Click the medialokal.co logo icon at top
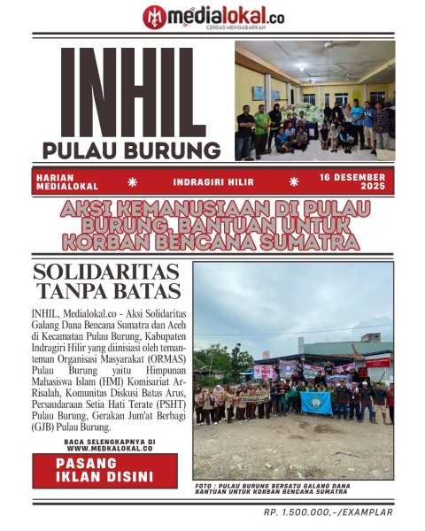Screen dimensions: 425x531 [x=154, y=16]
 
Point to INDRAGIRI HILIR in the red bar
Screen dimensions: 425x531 [x=213, y=181]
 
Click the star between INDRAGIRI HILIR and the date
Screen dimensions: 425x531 [x=294, y=181]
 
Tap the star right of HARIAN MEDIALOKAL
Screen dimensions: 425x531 [x=133, y=181]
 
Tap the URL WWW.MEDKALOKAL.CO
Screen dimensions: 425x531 [x=110, y=449]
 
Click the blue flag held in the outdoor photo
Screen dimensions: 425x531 [x=316, y=402]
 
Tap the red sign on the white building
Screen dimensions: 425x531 [x=378, y=361]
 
